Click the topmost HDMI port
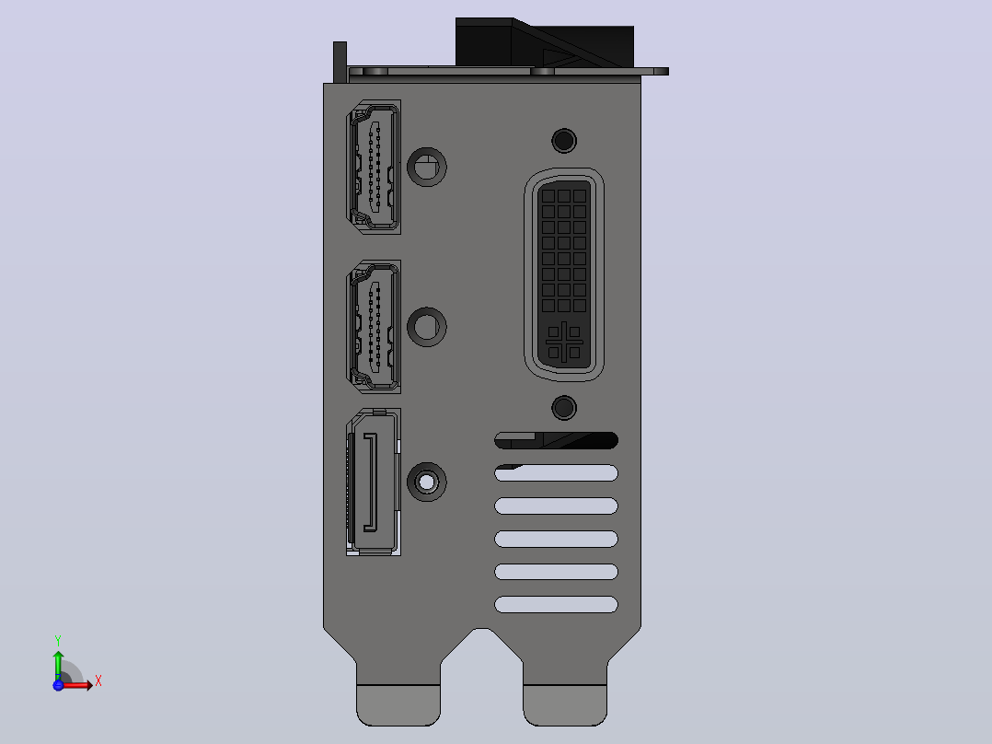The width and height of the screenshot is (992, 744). click(x=374, y=168)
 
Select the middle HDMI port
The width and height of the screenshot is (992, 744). click(x=374, y=327)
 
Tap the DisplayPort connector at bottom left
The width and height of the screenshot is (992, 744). click(x=374, y=482)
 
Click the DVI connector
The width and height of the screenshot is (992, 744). click(x=564, y=274)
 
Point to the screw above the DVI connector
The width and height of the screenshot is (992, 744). click(x=564, y=141)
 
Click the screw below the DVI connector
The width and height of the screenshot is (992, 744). click(x=564, y=408)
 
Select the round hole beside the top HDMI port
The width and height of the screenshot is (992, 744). click(x=426, y=168)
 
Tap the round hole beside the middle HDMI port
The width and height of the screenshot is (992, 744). click(x=426, y=327)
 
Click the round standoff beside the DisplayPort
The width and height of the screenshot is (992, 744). click(x=426, y=482)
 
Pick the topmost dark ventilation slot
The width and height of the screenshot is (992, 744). click(x=556, y=440)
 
